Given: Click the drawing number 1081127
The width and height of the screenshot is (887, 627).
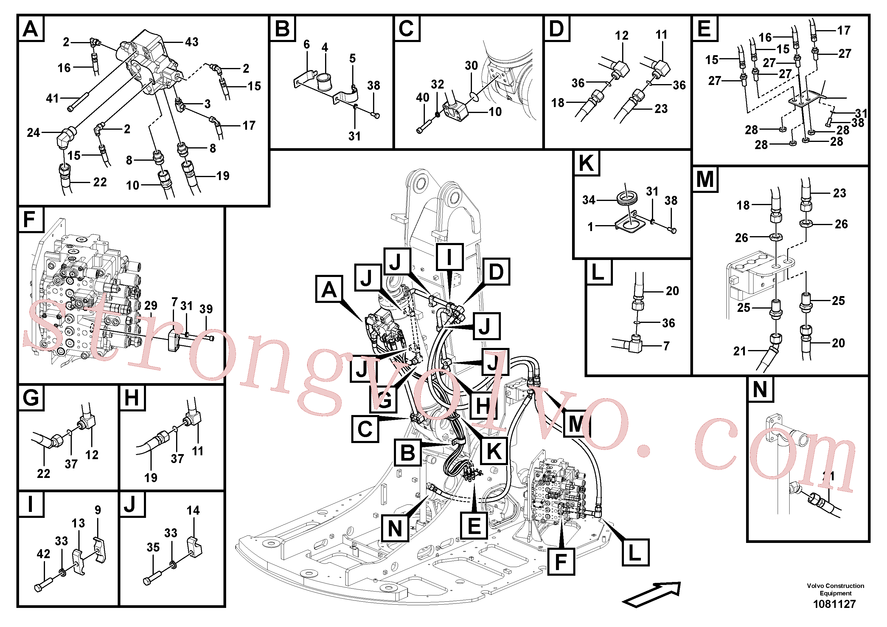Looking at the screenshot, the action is point(835,604).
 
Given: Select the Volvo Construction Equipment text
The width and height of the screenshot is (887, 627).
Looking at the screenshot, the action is point(835,589).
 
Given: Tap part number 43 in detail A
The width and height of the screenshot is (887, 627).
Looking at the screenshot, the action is point(192,42).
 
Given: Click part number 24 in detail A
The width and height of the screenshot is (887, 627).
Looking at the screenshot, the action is point(34,133).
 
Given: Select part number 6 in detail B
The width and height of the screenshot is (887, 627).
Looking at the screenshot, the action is point(307,44).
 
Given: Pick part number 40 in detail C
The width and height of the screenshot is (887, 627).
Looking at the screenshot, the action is point(422,97).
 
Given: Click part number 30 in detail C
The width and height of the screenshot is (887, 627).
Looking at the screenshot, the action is point(471,66).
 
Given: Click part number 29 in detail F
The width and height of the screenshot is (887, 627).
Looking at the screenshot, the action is point(151,305).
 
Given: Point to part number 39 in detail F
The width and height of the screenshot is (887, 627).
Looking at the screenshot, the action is point(206,309).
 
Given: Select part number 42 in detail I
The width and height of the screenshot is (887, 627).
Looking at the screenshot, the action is point(43,554).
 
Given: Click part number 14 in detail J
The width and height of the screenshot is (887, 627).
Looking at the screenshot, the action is point(193,511).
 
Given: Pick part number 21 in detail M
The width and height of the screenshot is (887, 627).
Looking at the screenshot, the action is point(740,351).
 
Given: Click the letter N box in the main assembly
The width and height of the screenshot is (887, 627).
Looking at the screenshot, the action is point(395,528).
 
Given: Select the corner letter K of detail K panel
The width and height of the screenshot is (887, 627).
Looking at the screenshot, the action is point(586,163).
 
